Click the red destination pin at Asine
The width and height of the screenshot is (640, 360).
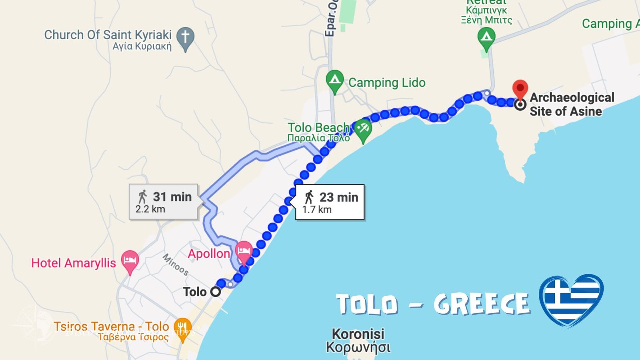tap(520, 88)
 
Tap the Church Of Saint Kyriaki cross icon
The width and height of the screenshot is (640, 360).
tap(185, 37)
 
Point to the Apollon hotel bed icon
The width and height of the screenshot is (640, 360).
tap(244, 251)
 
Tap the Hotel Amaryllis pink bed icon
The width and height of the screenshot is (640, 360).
tap(130, 260)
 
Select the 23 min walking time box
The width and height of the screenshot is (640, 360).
tap(330, 202)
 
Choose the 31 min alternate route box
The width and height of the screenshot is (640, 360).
tap(164, 202)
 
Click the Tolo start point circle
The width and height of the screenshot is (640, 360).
tap(216, 292)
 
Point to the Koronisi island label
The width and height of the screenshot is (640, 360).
tap(358, 340)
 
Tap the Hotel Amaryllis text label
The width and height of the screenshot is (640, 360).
tap(74, 263)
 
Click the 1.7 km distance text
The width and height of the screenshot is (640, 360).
tap(317, 209)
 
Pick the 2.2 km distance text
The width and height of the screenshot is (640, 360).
tap(150, 209)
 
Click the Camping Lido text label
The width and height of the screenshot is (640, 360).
tap(387, 82)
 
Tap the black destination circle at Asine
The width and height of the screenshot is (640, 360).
tap(520, 105)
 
